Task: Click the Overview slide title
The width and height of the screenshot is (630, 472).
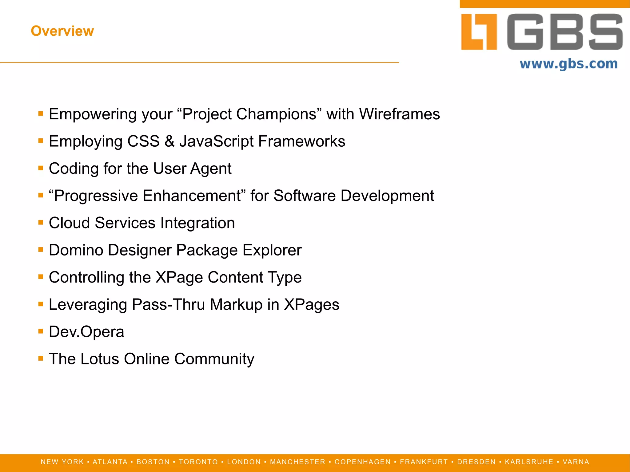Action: [62, 31]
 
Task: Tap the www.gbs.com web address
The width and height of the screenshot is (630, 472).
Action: [568, 64]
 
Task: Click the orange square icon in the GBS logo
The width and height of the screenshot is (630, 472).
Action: [479, 32]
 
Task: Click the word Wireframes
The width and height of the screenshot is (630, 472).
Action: [399, 114]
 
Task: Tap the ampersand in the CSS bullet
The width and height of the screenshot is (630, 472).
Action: [169, 141]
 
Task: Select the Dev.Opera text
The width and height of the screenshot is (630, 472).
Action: [86, 332]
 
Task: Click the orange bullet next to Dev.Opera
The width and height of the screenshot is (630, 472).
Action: [41, 331]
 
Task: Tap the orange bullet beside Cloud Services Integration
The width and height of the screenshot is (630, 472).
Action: [41, 222]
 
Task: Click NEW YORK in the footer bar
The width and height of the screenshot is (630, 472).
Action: [62, 462]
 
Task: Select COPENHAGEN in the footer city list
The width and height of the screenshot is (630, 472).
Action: [362, 462]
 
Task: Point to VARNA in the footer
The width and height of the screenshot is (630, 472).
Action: [576, 462]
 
